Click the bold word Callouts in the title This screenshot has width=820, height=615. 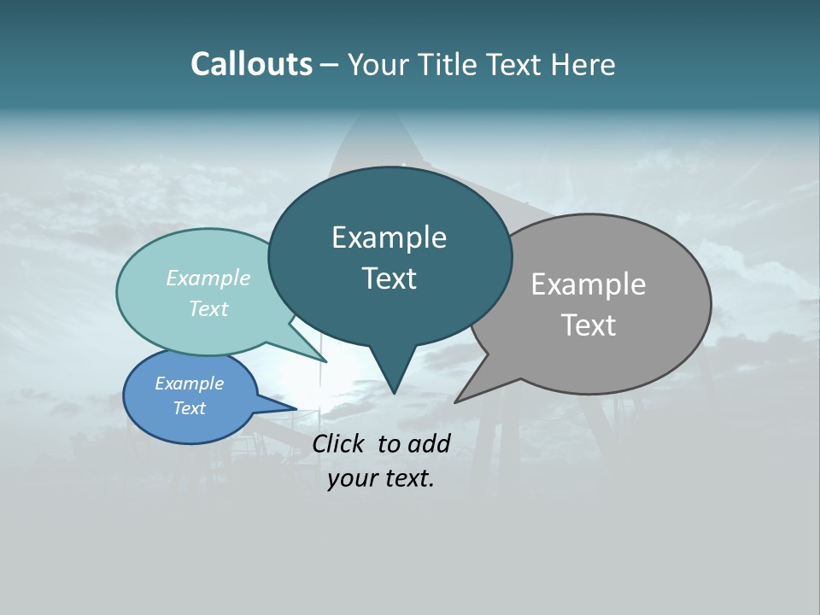(251, 64)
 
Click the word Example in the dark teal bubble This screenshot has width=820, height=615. (389, 238)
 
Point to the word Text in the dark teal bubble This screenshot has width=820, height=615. (389, 278)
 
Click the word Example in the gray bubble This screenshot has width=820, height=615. (589, 284)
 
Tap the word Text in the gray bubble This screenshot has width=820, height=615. (589, 325)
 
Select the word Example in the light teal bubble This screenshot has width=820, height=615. (208, 278)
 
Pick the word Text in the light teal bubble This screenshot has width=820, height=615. (208, 308)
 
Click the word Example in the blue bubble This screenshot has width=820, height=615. (189, 384)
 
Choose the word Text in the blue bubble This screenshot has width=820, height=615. (189, 408)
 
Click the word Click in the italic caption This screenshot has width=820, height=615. (338, 443)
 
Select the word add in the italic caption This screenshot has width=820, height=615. (430, 443)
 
